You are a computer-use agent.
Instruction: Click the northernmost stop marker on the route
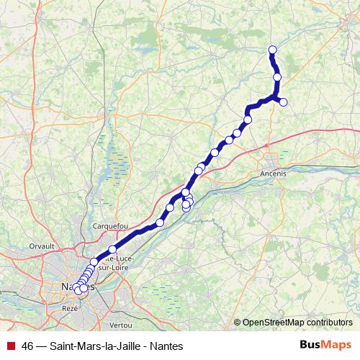click(273, 50)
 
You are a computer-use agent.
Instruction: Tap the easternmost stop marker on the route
click(283, 102)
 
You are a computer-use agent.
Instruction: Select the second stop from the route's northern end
click(277, 77)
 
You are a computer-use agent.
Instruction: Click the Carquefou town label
click(110, 225)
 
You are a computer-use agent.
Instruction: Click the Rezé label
click(70, 307)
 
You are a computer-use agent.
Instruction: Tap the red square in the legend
click(10, 346)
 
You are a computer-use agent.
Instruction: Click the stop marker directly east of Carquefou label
click(160, 222)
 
